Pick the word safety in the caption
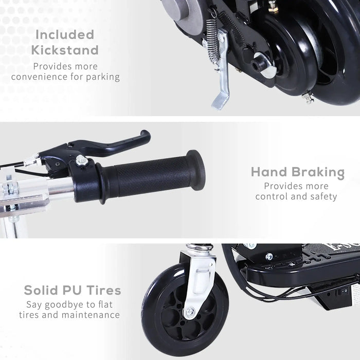[x=322, y=196]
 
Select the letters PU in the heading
[x=70, y=290]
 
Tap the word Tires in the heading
[x=103, y=290]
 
